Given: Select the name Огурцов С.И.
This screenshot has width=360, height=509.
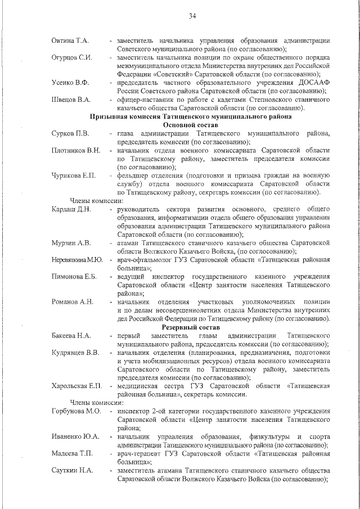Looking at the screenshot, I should click(x=72, y=57).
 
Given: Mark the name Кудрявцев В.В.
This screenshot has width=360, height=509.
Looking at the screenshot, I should click(x=75, y=352).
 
